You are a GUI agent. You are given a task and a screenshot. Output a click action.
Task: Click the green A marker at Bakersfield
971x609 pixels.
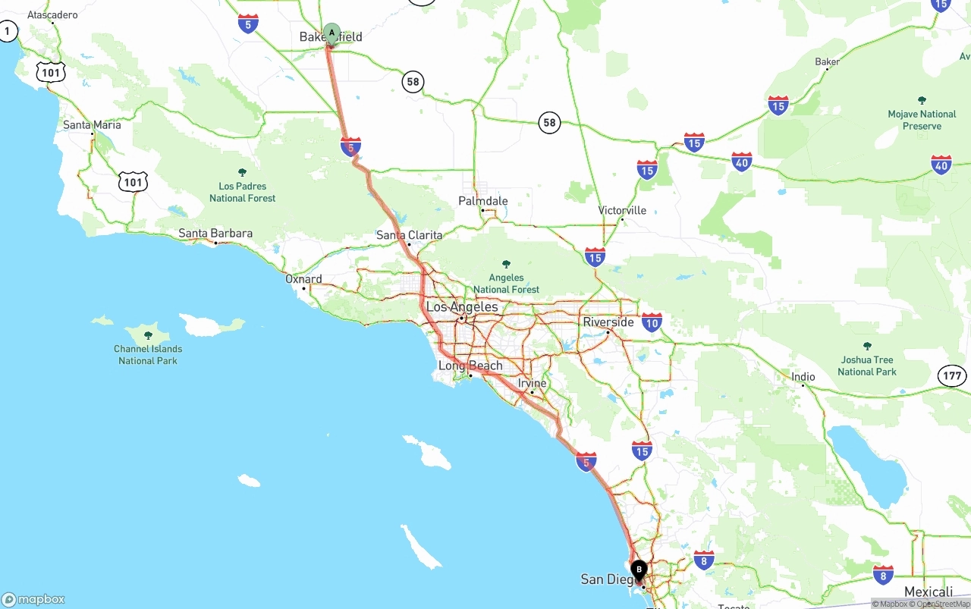coord(332,33)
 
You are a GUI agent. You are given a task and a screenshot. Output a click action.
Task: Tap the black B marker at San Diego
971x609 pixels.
coord(639,569)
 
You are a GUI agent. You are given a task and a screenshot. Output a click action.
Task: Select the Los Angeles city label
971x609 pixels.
coord(462,307)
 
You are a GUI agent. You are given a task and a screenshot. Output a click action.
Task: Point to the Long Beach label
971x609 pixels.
coord(470,366)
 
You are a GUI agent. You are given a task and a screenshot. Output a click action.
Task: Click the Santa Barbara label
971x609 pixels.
coord(215,234)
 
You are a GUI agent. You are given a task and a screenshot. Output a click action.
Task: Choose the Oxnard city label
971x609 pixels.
coord(303,279)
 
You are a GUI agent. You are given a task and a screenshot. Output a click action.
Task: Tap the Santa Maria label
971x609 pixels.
coord(92,125)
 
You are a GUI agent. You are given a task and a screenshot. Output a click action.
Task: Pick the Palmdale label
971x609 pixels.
coord(483,201)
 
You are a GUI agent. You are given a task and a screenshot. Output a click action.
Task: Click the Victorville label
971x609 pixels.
coord(622,210)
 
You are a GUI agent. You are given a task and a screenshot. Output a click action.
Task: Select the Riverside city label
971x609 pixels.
coord(608,322)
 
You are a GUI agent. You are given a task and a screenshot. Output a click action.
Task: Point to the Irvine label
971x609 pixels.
coord(532,384)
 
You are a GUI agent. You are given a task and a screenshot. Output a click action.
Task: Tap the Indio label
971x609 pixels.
coord(803,377)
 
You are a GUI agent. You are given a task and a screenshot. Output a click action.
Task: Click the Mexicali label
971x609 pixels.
coord(929,592)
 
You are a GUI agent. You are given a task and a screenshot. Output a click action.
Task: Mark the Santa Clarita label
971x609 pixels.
coord(409,235)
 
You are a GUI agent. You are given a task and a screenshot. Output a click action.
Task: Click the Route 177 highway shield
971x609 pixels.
coord(953,375)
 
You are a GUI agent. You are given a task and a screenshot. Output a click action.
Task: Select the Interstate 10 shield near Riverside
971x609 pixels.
coord(651,322)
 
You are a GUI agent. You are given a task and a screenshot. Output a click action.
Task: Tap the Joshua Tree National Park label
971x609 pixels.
coord(867,365)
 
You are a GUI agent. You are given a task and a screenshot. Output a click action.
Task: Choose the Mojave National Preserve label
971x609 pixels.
coord(922,120)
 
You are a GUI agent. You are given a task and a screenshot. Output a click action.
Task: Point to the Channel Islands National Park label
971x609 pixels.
coord(148,354)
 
